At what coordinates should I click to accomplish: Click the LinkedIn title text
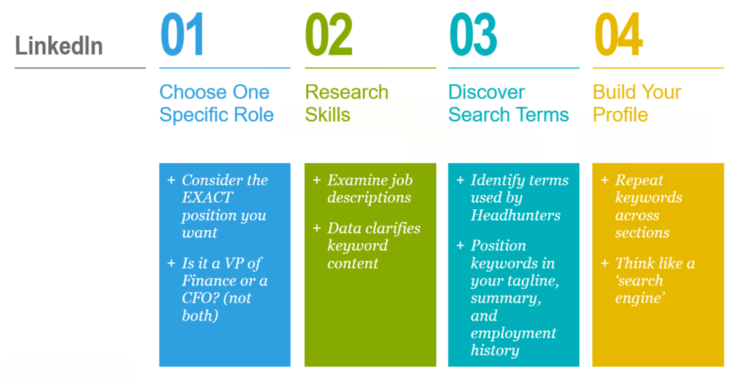click(x=59, y=46)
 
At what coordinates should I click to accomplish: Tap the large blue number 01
click(x=182, y=35)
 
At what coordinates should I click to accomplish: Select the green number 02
click(x=328, y=35)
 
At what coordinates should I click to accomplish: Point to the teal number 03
click(x=473, y=35)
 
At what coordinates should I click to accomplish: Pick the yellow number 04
click(x=618, y=35)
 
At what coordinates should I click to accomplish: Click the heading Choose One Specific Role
click(x=216, y=104)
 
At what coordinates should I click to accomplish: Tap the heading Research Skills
click(x=347, y=104)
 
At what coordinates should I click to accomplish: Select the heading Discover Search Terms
click(x=508, y=104)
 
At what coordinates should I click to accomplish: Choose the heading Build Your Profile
click(x=637, y=104)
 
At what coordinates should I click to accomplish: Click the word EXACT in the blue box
click(x=207, y=198)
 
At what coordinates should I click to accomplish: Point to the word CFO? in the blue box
click(x=197, y=298)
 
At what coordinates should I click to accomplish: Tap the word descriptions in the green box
click(x=369, y=198)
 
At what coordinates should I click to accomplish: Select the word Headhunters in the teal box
click(x=515, y=216)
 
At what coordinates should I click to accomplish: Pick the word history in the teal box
click(x=494, y=351)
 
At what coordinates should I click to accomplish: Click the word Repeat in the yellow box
click(x=639, y=180)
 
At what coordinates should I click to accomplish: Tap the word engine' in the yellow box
click(x=640, y=298)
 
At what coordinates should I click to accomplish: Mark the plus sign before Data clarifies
click(x=317, y=228)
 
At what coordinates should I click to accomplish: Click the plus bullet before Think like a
click(x=605, y=263)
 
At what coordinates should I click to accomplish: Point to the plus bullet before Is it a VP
click(x=171, y=263)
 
